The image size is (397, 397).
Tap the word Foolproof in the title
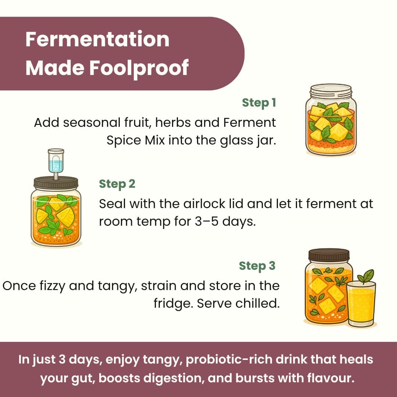coord(139,68)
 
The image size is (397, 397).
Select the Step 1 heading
coord(259,103)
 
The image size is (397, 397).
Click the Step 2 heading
coord(117,184)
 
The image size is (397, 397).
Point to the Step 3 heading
coord(257,266)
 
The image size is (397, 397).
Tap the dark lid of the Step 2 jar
coord(56,183)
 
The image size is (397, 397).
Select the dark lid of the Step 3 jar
coord(329,255)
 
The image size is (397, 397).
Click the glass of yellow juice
coord(361,304)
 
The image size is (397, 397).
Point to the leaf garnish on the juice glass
coord(366,276)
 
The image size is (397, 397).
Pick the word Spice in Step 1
coord(124,140)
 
